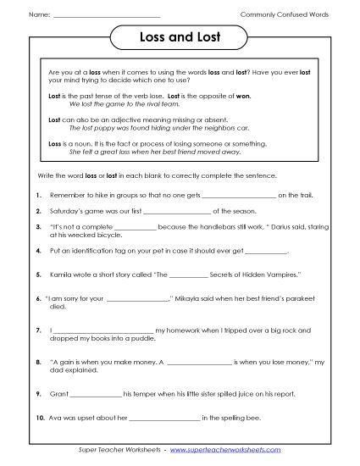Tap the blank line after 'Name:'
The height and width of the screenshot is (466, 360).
106,16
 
